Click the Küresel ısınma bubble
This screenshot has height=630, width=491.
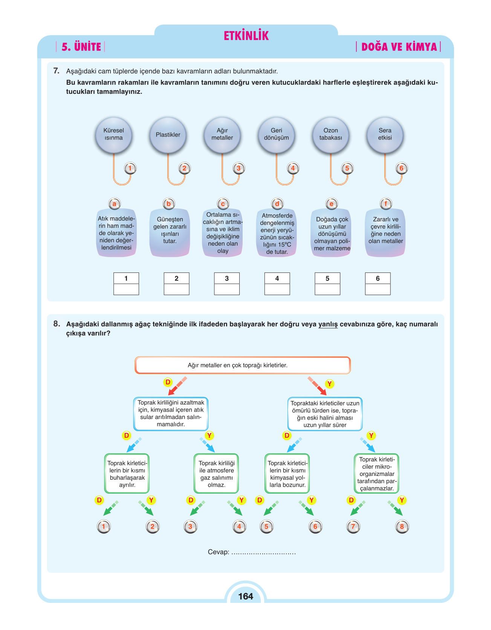[113, 135]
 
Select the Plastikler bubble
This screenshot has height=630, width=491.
[168, 135]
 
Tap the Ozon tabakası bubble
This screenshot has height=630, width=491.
[330, 135]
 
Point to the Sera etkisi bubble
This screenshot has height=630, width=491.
[385, 135]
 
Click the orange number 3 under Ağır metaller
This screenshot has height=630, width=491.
[239, 168]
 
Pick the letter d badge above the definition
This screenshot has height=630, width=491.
[277, 204]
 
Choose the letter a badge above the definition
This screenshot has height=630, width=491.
[114, 204]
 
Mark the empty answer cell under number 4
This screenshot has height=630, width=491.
[277, 289]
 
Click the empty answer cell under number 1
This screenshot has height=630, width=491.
[126, 289]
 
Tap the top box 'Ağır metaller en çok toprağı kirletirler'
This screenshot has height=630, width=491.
[243, 365]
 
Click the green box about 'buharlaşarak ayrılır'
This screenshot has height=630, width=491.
[127, 474]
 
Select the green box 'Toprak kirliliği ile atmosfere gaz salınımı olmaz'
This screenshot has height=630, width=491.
[216, 474]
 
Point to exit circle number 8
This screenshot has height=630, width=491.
[402, 526]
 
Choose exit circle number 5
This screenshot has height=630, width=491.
[266, 526]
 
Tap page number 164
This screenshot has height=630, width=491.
[246, 596]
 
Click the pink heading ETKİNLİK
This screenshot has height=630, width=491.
[246, 36]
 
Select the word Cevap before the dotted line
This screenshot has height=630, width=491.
[219, 552]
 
